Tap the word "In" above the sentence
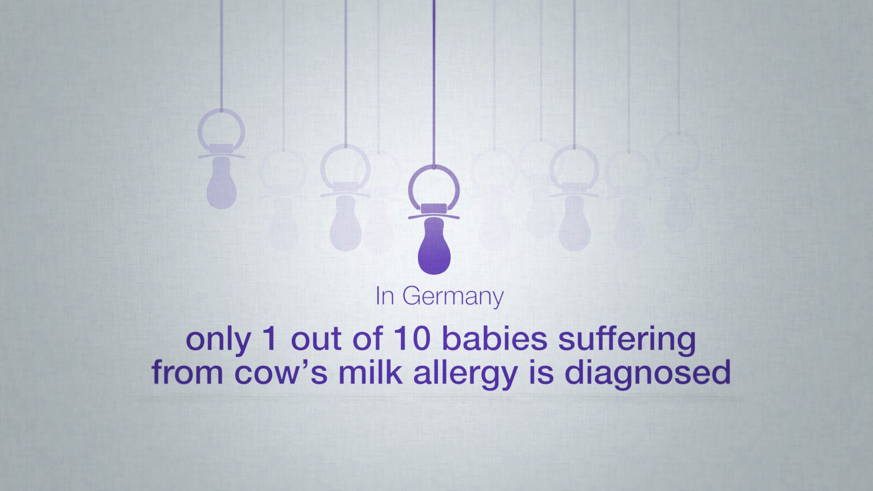[385, 297]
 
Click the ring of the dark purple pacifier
[434, 169]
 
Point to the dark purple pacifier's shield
[434, 214]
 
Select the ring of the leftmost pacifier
[221, 110]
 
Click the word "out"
[319, 341]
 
